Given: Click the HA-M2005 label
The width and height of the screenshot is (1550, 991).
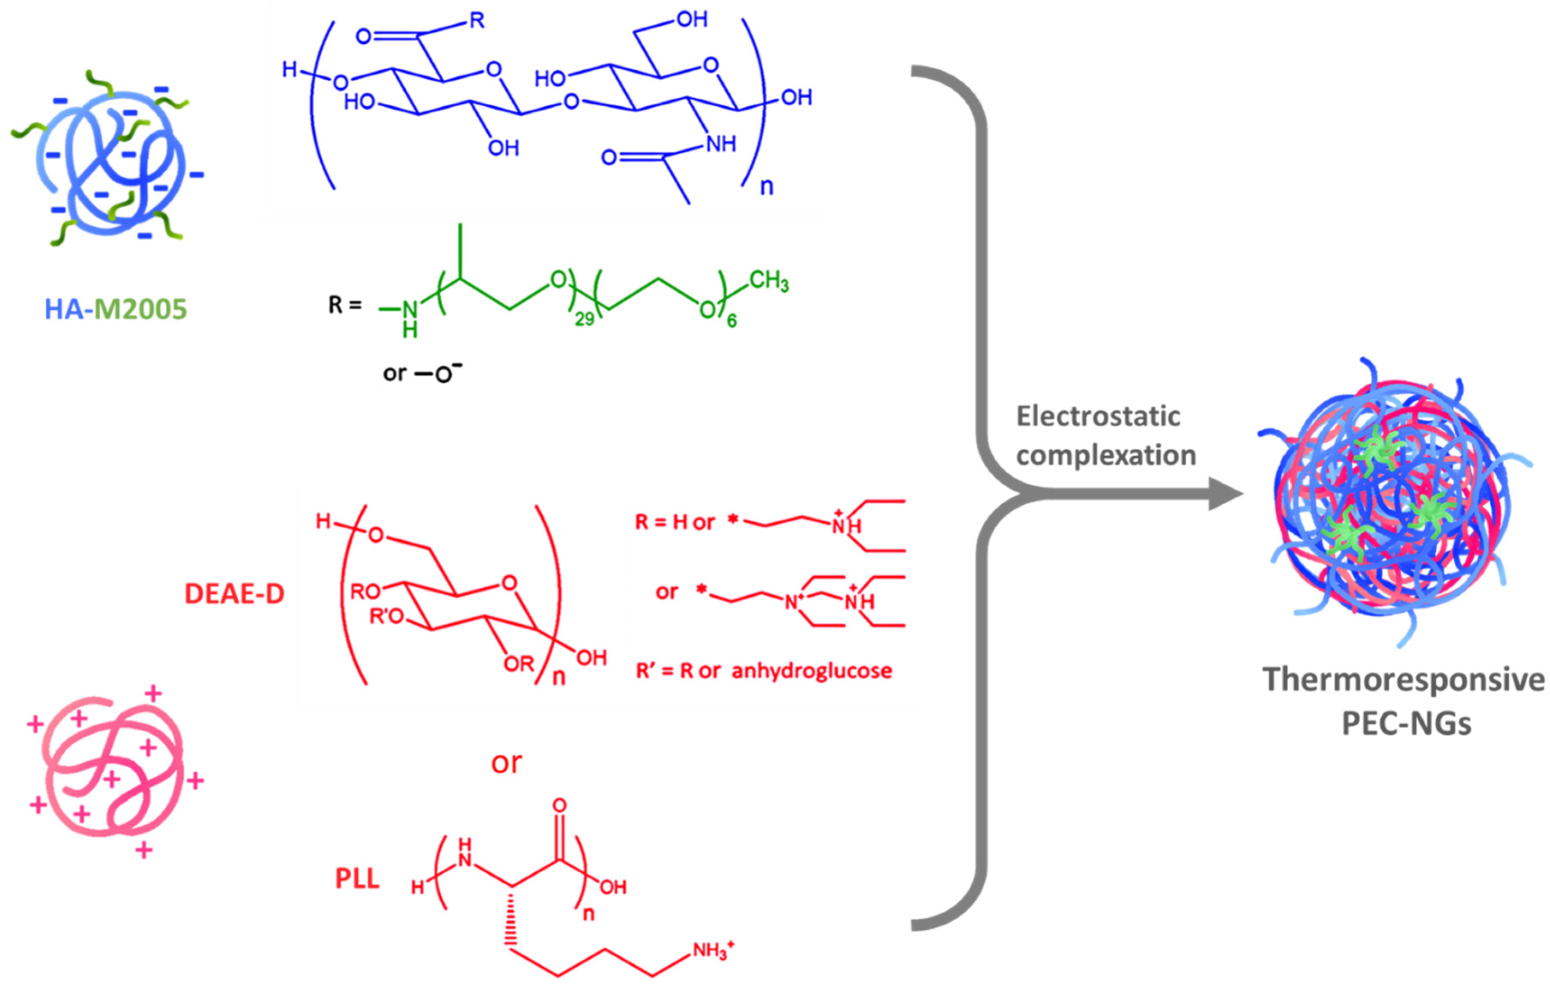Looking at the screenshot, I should coord(116,309).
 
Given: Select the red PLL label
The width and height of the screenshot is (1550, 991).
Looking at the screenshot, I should coord(357,879).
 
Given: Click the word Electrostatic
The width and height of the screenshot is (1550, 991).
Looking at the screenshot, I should coord(1098,416).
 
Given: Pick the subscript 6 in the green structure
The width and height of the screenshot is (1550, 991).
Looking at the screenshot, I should coord(732,320).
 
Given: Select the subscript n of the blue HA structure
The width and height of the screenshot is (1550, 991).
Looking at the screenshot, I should coord(766,187).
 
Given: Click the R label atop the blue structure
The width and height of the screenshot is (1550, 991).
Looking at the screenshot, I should coord(477,21).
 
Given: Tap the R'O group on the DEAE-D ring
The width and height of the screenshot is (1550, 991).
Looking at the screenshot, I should coord(386,617).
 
